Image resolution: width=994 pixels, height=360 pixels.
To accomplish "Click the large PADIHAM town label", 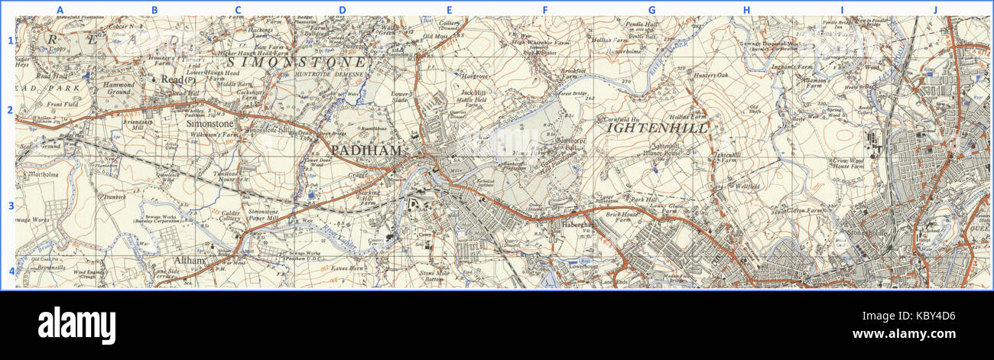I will pyautogui.click(x=366, y=151).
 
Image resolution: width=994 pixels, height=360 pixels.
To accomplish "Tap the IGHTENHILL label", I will pyautogui.click(x=658, y=128).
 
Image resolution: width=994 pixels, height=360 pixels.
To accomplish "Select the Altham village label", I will pyautogui.click(x=189, y=261).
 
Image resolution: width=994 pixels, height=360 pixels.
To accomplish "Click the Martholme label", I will pyautogui.click(x=43, y=175).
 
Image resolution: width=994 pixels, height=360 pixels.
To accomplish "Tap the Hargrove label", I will pyautogui.click(x=476, y=77).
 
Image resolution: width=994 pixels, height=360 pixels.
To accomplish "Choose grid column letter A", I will pyautogui.click(x=60, y=9).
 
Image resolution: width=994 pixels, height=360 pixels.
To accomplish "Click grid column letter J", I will pyautogui.click(x=934, y=9).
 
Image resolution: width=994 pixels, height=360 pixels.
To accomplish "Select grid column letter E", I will pyautogui.click(x=450, y=9).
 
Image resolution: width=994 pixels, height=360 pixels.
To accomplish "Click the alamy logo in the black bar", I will pyautogui.click(x=76, y=324).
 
